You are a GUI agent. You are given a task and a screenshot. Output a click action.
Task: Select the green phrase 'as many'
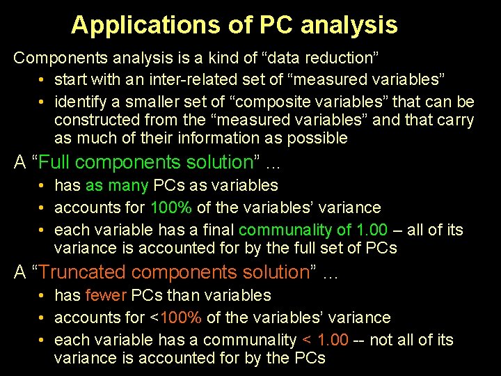116,186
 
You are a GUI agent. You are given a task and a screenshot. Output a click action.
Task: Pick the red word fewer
104,295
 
